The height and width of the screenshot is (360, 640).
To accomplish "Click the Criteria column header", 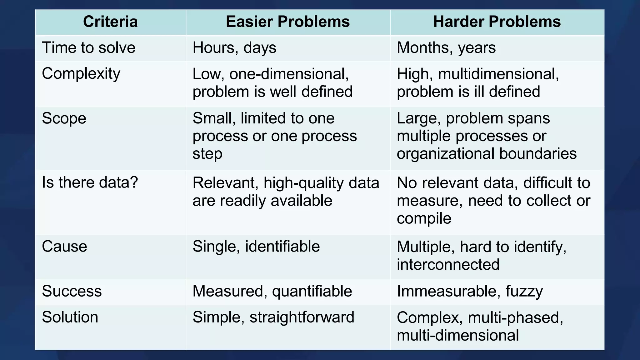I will (x=110, y=22).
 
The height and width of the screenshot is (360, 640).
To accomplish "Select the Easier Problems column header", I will (x=287, y=22).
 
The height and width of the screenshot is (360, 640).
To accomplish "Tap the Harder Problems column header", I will (x=497, y=22).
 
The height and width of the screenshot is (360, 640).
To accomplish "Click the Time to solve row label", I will (x=89, y=48).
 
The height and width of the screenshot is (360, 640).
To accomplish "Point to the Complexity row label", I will (x=81, y=74).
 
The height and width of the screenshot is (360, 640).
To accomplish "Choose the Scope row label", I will (x=64, y=118).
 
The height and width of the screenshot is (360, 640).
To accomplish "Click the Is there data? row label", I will (x=90, y=182).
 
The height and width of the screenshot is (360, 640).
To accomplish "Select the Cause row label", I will (x=64, y=247).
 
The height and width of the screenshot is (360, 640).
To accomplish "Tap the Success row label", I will (x=72, y=291).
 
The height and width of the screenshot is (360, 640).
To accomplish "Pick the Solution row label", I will (x=70, y=317).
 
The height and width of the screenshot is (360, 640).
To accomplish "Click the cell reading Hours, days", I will (x=234, y=48).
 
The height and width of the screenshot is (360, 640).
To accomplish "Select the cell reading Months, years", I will (x=446, y=48).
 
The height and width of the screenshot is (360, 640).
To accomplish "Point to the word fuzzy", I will (x=524, y=292).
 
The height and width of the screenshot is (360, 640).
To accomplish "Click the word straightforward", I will (x=302, y=317).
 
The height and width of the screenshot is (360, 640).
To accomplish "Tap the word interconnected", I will (x=448, y=265).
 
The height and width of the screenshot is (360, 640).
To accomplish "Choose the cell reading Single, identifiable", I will (x=256, y=247).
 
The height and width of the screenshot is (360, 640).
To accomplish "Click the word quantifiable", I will (x=312, y=292).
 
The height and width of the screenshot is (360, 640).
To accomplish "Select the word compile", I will (x=424, y=219).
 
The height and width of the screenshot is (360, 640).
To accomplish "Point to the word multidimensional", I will (x=498, y=74).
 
